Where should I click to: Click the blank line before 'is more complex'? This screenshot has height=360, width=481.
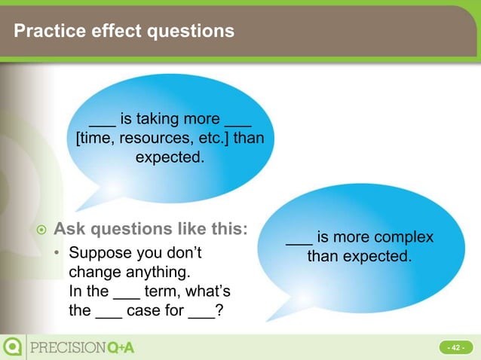299,239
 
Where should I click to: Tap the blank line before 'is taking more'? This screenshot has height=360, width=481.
102,124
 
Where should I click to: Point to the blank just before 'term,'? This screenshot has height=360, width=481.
126,293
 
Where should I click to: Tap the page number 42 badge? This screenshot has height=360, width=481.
455,347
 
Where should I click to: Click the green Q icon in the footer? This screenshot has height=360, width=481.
13,346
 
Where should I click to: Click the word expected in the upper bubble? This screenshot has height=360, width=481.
170,157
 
